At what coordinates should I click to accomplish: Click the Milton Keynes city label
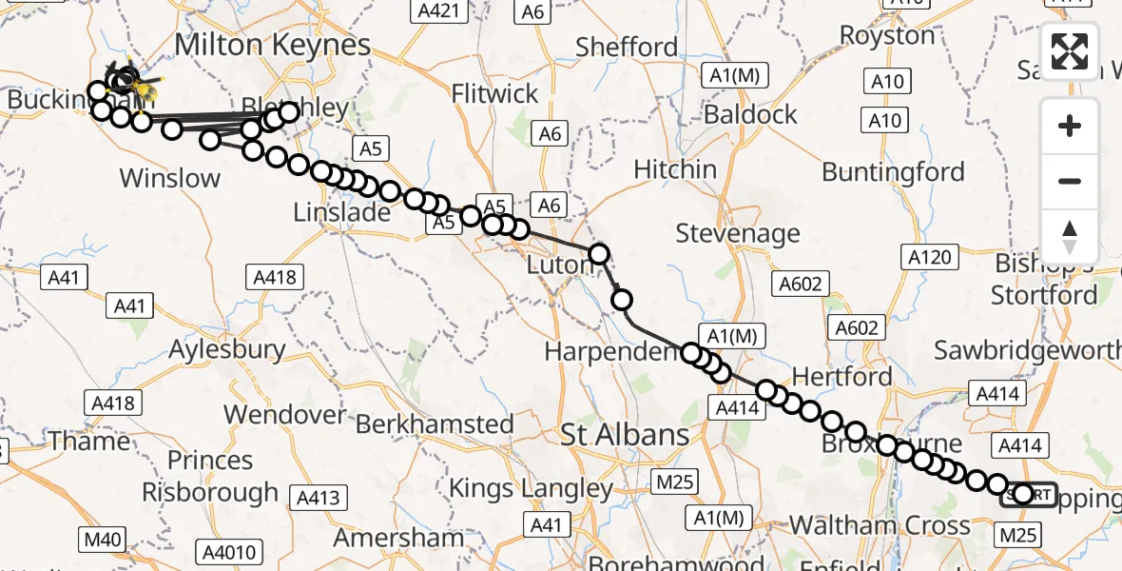click(272, 45)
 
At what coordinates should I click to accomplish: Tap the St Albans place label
click(638, 436)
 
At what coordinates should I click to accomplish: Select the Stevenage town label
click(738, 233)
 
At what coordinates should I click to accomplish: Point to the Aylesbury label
click(227, 349)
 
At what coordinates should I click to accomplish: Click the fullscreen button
click(1070, 51)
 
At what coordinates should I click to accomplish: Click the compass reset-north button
click(1070, 237)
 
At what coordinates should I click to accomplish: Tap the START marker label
click(1029, 494)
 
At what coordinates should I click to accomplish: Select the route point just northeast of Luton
click(599, 253)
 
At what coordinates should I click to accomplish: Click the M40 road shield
click(103, 541)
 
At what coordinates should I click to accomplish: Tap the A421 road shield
click(442, 11)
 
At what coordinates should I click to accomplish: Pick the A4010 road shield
click(227, 551)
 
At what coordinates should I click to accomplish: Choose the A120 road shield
click(929, 257)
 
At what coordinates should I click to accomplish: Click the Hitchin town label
click(675, 169)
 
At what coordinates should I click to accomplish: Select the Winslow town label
click(170, 177)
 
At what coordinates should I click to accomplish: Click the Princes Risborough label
click(210, 476)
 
